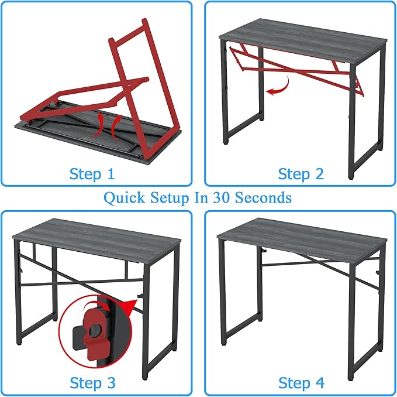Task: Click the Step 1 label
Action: click(92, 174)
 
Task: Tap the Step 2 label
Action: click(301, 174)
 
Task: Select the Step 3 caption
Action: click(92, 383)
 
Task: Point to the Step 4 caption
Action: click(301, 383)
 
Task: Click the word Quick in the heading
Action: click(125, 198)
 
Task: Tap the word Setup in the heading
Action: click(172, 198)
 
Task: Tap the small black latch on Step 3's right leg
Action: click(140, 296)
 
